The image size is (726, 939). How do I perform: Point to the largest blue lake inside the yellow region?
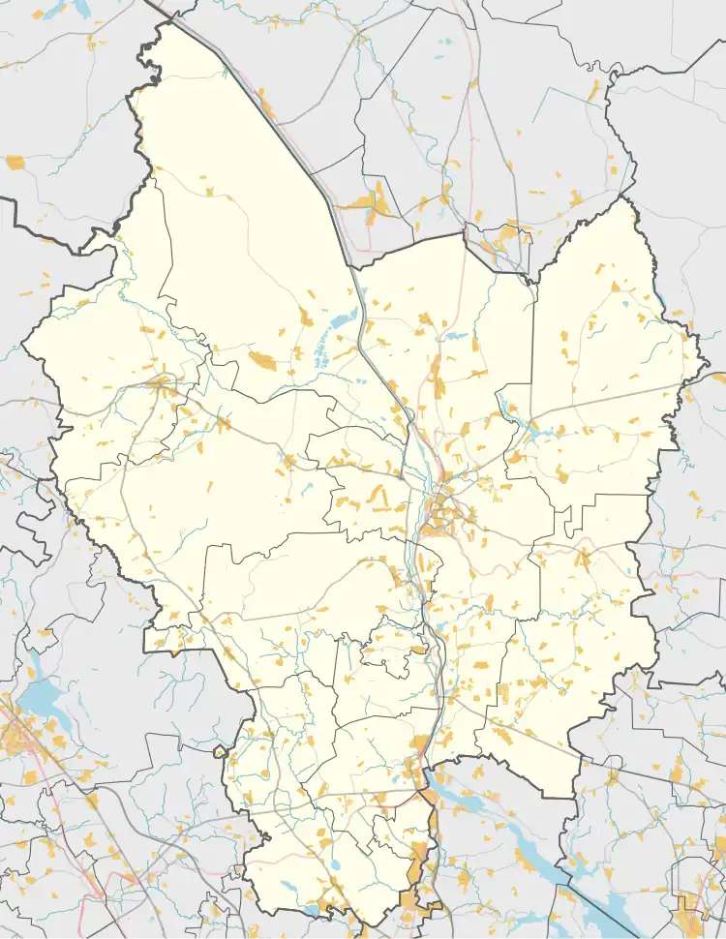point(340,318)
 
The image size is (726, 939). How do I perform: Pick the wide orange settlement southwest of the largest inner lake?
point(262,361)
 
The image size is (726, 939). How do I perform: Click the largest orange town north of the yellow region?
point(367,202)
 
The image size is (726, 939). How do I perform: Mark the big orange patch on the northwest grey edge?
point(15,163)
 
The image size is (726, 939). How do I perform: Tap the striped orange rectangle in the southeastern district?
point(503,693)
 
